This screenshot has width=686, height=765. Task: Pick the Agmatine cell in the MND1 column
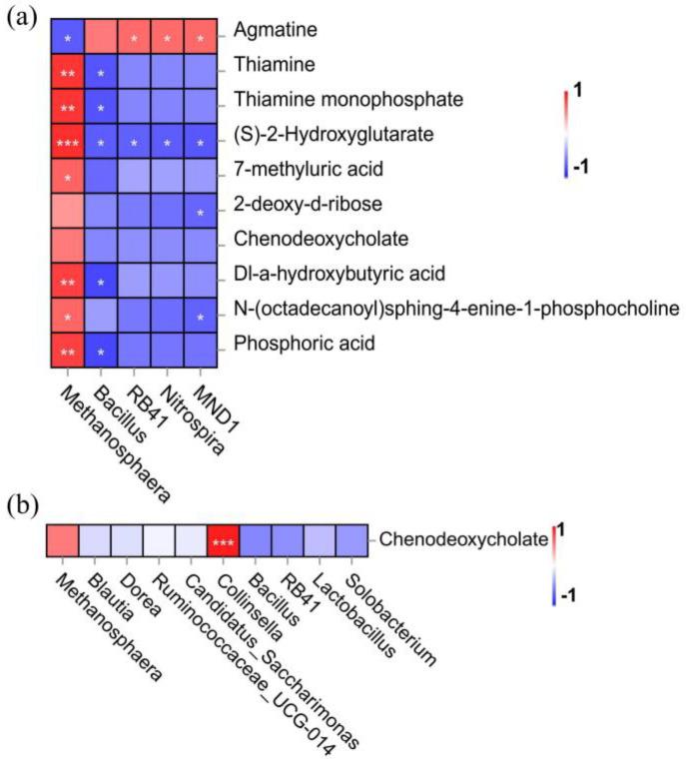[201, 38]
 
